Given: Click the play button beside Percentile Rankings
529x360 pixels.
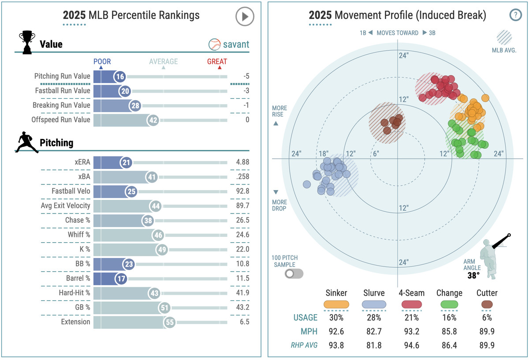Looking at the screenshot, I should [245, 17].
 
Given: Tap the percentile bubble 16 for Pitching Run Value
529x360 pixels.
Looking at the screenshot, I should [120, 76].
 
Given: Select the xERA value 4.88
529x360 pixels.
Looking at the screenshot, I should [242, 162].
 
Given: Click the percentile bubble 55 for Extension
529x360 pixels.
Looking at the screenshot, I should [170, 322].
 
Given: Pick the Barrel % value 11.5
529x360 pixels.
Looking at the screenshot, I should [242, 278].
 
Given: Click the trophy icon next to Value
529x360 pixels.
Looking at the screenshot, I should [27, 42].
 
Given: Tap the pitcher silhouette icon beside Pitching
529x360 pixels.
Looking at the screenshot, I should [27, 142].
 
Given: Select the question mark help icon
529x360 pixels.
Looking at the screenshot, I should [515, 15].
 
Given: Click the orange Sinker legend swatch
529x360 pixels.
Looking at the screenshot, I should [336, 304].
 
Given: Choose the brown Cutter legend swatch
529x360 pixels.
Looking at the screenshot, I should [487, 304].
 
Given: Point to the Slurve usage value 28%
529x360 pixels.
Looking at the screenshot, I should [373, 317].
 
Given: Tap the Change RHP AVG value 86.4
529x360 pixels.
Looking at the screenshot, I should [449, 345].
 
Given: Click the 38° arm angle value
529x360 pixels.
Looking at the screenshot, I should [473, 276].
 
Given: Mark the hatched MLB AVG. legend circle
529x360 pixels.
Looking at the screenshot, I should [504, 37].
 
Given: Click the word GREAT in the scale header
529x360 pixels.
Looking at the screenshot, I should [217, 62].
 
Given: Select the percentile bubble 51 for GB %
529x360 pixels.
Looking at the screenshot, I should [164, 307].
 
